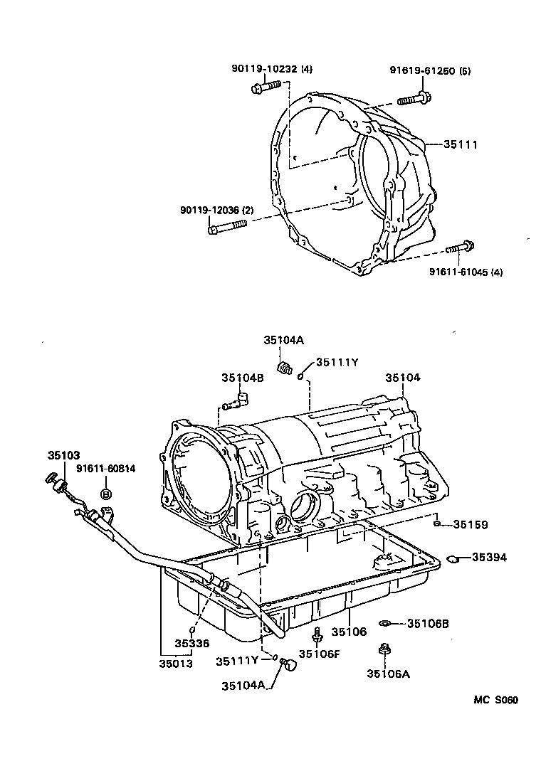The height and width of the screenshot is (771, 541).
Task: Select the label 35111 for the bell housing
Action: coord(460,144)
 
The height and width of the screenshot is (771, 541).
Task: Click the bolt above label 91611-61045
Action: coord(460,248)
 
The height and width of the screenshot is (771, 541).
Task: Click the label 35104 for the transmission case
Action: coord(403,378)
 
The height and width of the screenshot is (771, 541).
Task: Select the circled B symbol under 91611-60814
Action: coord(106,494)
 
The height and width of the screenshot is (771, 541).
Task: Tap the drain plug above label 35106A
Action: coord(385,649)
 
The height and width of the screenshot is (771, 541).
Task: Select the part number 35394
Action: coord(489,557)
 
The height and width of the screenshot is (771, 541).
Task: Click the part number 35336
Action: coord(192,643)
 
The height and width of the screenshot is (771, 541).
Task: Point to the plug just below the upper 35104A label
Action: coord(286,368)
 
